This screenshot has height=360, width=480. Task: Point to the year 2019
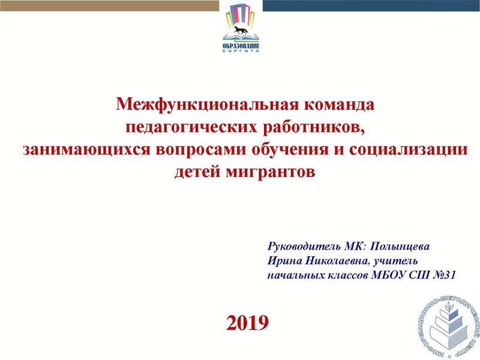tap(247, 323)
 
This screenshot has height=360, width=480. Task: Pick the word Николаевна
tap(337, 261)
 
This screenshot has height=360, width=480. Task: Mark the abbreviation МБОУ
tap(386, 275)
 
